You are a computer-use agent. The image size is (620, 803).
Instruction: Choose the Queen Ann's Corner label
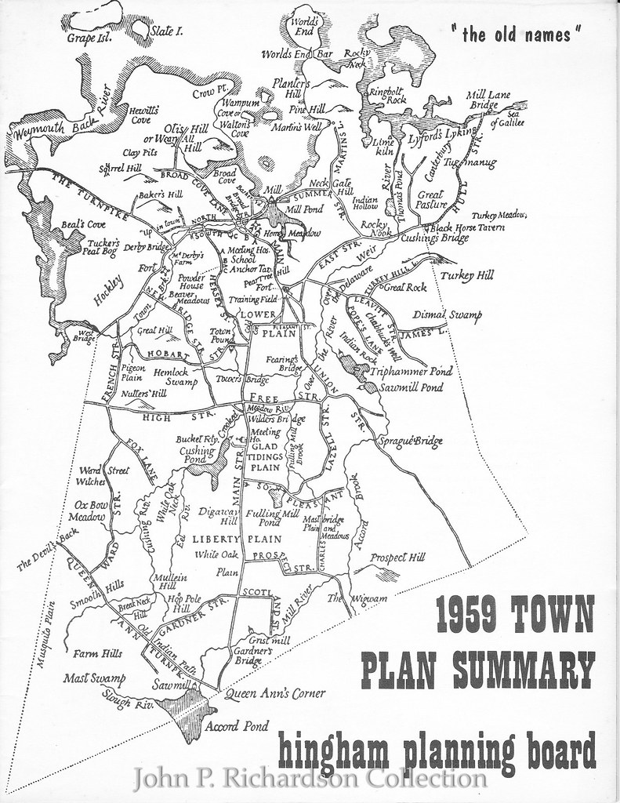coord(274,693)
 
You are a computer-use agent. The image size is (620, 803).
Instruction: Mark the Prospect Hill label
coord(397,558)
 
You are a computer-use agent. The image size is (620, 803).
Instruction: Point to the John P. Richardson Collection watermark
coord(310,779)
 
